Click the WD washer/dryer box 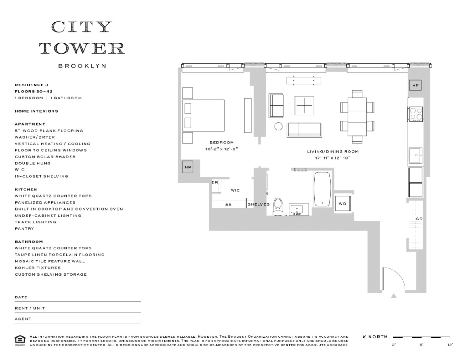pos(343,203)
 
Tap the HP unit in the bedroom pos(188,167)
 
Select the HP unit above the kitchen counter pos(415,85)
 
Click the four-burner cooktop pos(416,114)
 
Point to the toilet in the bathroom pos(278,206)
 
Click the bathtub pos(322,189)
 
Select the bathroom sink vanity pos(299,209)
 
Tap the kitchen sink pos(415,155)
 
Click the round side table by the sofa pos(278,126)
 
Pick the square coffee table pos(304,105)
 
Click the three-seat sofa pos(304,130)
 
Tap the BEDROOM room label pos(222,143)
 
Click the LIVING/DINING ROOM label pos(333,151)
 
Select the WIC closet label pos(235,190)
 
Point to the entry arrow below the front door pos(393,296)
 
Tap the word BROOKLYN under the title pos(82,66)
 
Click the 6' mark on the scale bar pos(421,345)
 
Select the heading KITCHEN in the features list pos(26,189)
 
